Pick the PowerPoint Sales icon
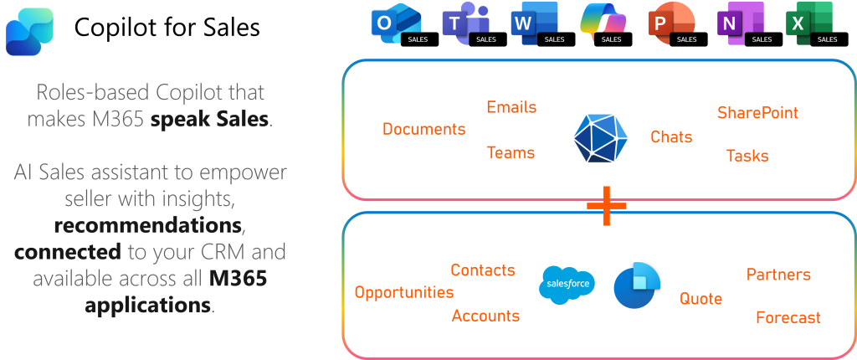666,25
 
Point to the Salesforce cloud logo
567,285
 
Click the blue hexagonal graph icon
600,136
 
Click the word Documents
423,129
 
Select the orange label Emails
511,107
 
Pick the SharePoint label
757,112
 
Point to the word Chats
671,136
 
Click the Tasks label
747,156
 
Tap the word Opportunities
403,292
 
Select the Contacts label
482,270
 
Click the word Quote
700,298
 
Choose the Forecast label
788,318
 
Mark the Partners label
778,275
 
